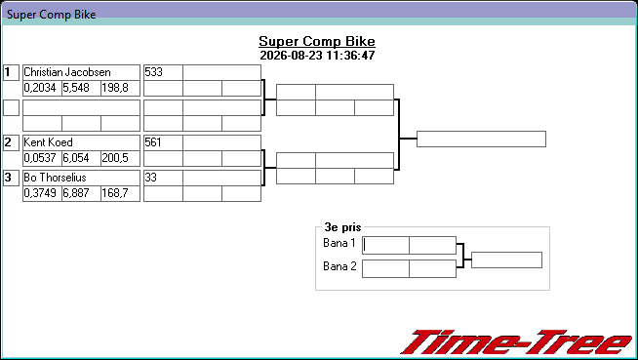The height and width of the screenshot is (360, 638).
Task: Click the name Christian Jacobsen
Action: tap(67, 72)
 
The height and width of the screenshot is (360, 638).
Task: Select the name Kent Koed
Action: tap(48, 142)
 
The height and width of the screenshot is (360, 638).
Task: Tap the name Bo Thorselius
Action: tap(55, 178)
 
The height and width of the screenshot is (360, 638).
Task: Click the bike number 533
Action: tap(153, 72)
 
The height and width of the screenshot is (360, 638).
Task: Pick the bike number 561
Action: tap(153, 142)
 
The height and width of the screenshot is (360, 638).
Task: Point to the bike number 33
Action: tap(150, 178)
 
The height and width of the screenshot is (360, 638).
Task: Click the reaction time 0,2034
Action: tap(40, 88)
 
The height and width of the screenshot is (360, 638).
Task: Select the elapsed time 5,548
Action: tap(76, 88)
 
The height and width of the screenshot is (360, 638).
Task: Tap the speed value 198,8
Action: tap(115, 88)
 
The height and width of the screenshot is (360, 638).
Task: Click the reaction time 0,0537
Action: tap(40, 158)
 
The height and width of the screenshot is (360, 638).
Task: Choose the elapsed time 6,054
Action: tap(76, 158)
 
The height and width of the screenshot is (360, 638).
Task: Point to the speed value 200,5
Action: tap(115, 158)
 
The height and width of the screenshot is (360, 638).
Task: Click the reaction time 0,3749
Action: tap(40, 193)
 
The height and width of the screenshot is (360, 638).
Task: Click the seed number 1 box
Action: tap(11, 72)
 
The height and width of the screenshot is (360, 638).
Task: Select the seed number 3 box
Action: tap(11, 178)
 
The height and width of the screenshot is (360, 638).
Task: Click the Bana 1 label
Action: tap(339, 243)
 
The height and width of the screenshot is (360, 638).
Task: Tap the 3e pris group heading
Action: tap(342, 227)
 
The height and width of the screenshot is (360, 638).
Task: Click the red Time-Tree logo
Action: tap(517, 342)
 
